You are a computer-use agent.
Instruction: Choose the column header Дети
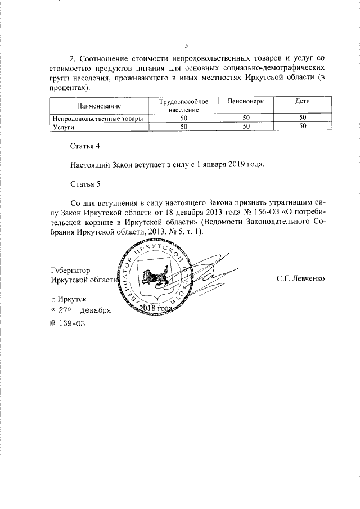(x=303, y=102)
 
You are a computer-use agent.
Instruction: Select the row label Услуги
(x=64, y=127)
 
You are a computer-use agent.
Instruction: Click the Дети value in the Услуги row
(x=303, y=127)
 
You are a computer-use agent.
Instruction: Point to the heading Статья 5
(x=84, y=183)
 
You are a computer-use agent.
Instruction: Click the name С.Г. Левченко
(x=300, y=278)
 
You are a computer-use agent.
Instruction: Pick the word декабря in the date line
(x=95, y=310)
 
